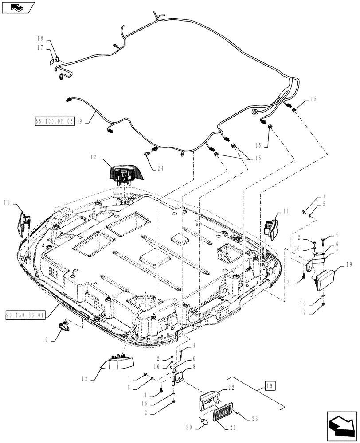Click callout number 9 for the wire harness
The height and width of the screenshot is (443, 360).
point(81,120)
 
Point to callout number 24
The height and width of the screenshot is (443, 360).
point(160,168)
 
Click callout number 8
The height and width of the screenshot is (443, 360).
point(194,367)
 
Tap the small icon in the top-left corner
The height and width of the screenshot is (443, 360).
point(17,7)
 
